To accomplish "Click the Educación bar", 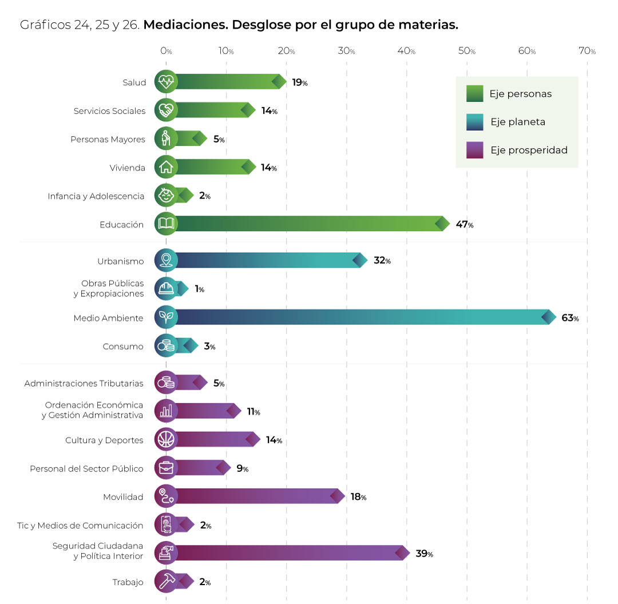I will click(309, 224).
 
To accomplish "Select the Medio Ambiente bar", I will click(360, 317).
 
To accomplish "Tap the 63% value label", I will click(570, 318).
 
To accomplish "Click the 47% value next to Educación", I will click(464, 225).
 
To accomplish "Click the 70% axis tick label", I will click(587, 51).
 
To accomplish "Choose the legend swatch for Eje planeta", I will click(475, 122).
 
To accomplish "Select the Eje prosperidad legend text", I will click(529, 150).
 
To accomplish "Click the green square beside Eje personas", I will click(475, 93).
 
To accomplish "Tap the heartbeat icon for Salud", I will click(166, 82).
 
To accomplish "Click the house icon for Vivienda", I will click(166, 168).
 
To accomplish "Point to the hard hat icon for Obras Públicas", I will click(166, 289).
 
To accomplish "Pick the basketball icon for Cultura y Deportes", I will click(166, 440).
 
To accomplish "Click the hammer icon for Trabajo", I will click(166, 582).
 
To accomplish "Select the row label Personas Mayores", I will click(108, 140).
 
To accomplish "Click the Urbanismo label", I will click(120, 261).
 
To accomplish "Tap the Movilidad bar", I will click(257, 496).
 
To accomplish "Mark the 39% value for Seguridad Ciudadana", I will click(424, 554).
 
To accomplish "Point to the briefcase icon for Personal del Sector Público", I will click(166, 468).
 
